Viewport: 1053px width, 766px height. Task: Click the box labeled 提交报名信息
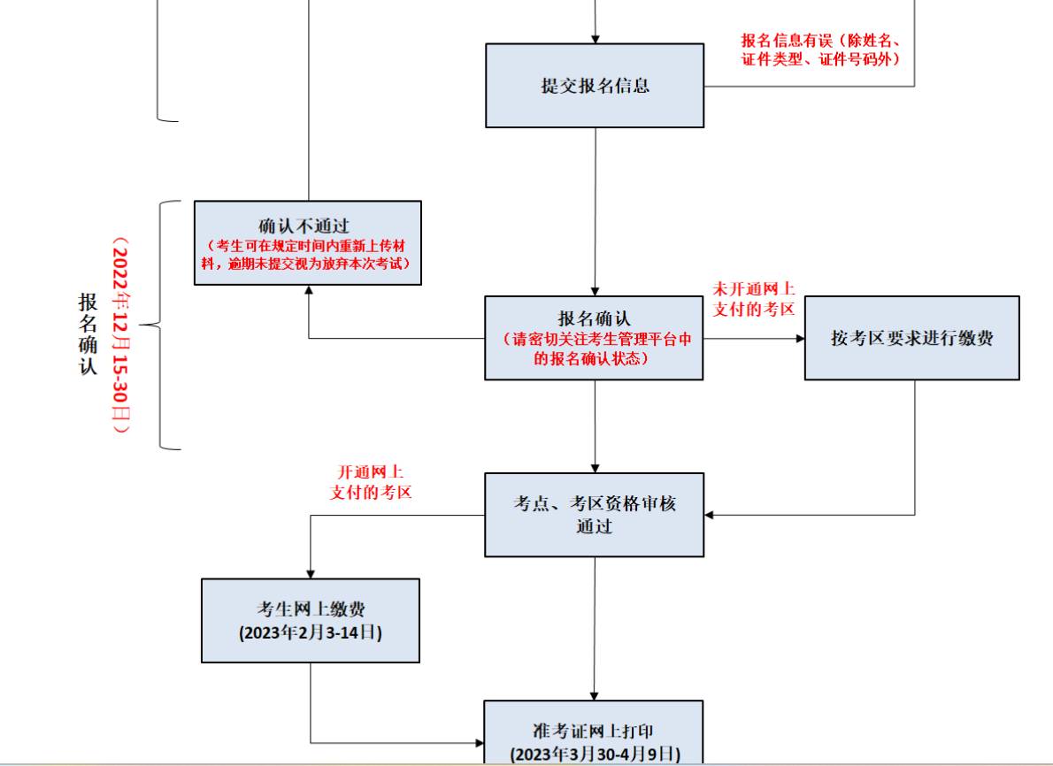(595, 86)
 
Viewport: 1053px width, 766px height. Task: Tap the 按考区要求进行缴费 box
(911, 338)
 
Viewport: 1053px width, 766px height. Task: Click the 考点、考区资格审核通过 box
(595, 514)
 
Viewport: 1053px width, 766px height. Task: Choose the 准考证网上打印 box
(594, 732)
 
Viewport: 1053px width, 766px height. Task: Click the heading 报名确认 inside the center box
(594, 318)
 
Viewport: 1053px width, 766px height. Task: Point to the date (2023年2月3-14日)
(311, 633)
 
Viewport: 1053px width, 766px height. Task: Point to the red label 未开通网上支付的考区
(754, 299)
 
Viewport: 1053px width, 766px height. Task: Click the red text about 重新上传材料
(308, 255)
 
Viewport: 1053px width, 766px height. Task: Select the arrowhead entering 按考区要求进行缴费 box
(799, 339)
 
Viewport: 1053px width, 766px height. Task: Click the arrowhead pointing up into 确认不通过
(308, 291)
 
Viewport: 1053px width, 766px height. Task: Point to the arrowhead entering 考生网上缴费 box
(311, 572)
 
